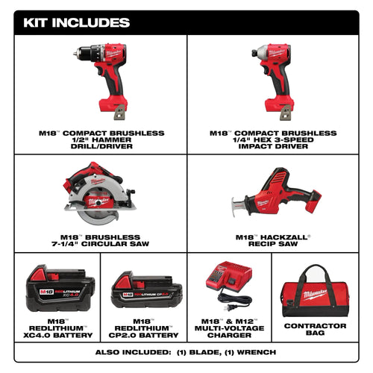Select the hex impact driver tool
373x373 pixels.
[277, 70]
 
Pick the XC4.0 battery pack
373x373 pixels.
[60, 289]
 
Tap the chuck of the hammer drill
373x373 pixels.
[81, 54]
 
